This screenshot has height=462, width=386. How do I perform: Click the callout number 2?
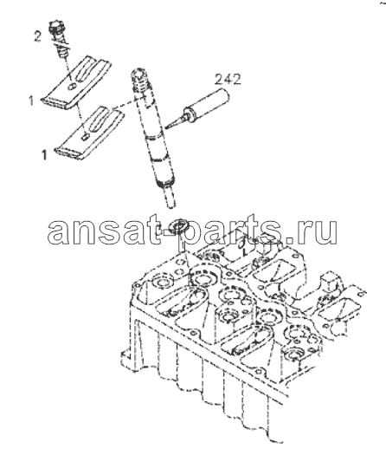(x=37, y=36)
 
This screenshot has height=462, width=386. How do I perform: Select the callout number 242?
(x=228, y=79)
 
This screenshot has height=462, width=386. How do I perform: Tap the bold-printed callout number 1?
(x=44, y=155)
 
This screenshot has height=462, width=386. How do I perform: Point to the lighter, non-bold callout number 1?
(x=31, y=101)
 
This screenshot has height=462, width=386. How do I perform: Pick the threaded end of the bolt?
(x=62, y=53)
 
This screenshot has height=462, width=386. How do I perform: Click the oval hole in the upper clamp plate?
(x=73, y=87)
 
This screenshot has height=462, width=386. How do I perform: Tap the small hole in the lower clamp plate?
(x=85, y=136)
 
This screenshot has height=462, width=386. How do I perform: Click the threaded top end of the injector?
(x=140, y=79)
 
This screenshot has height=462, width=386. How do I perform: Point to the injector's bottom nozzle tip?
(x=170, y=200)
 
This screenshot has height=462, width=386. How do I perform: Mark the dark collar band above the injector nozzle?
(x=164, y=185)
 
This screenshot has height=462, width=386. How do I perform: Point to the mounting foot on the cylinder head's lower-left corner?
(x=127, y=357)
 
